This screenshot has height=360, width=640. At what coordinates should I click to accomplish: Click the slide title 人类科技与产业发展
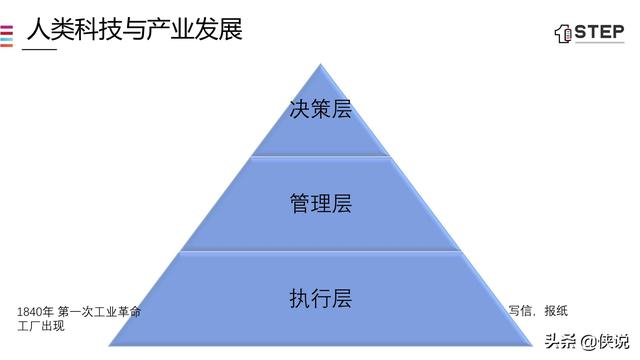[134, 27]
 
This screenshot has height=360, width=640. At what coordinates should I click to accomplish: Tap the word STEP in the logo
[599, 32]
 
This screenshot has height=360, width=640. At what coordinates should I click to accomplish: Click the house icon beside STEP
[562, 33]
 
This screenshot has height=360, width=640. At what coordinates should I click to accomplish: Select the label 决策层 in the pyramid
[320, 108]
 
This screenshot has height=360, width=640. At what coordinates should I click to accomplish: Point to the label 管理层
[320, 203]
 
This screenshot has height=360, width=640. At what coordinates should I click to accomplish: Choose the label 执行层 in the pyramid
[320, 298]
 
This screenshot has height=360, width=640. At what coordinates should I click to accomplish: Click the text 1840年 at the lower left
[35, 313]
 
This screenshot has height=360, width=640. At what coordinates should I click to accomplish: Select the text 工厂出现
[41, 326]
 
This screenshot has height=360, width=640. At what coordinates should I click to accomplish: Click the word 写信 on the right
[519, 311]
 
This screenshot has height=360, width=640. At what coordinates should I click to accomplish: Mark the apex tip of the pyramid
[320, 64]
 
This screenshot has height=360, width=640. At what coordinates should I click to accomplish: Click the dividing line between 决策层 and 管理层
[320, 156]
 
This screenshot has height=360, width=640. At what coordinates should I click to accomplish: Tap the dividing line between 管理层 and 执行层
[320, 251]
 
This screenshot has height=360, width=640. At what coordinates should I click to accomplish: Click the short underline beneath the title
[39, 50]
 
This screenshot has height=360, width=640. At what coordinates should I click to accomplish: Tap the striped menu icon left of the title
[6, 33]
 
